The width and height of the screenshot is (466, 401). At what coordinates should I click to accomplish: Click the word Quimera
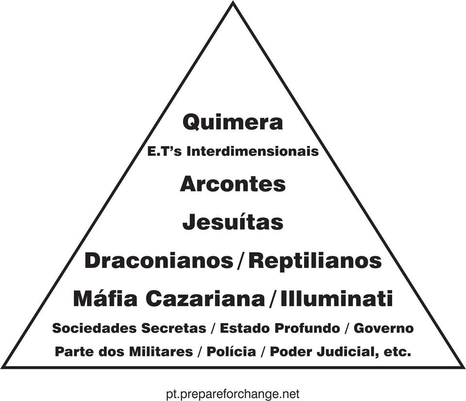point(233,122)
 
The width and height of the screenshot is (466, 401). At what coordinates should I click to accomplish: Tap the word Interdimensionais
point(253,151)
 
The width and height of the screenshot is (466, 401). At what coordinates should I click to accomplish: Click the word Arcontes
point(233,184)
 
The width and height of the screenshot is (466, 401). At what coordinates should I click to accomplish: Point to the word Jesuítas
point(233,222)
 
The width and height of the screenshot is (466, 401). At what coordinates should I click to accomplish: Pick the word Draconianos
point(159,261)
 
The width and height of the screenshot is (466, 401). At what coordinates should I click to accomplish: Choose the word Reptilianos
point(315,261)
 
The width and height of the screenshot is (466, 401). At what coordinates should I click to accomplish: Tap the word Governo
point(383,328)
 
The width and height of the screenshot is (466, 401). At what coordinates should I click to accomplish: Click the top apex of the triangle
point(233,3)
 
